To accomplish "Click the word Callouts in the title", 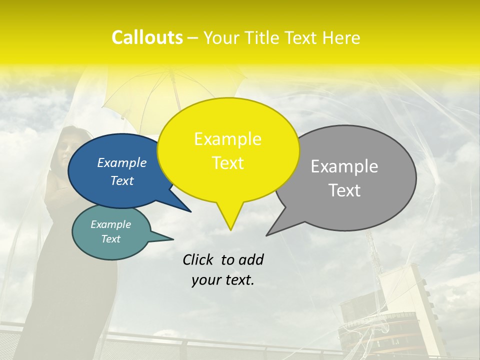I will (147, 37).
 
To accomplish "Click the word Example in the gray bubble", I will (344, 166).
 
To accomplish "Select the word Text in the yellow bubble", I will (228, 163).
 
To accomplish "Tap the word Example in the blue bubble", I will (122, 162).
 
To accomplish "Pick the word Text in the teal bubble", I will (111, 239).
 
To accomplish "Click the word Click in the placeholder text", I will (199, 259).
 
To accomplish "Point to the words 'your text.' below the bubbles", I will (223, 280).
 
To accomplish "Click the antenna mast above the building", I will (372, 250).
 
